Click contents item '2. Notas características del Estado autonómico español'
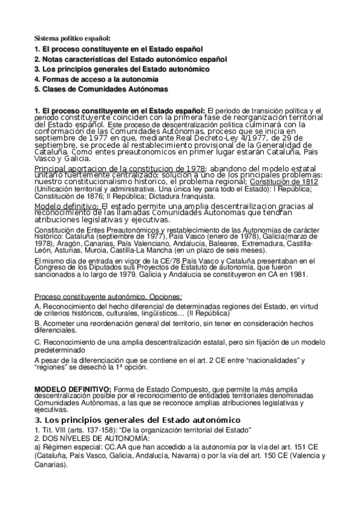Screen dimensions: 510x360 coord(130,58)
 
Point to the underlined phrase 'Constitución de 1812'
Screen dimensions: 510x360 coord(278,181)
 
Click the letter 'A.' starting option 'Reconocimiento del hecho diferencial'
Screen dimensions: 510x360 coord(38,307)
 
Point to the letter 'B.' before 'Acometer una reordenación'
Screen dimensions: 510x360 coord(38,324)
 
